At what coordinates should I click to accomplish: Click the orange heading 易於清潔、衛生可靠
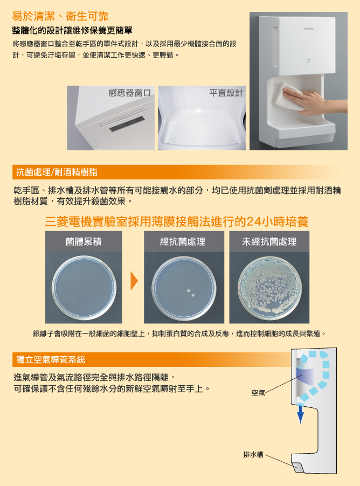click(60, 16)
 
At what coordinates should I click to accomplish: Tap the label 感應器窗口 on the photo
click(130, 93)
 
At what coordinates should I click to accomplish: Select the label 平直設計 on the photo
click(226, 93)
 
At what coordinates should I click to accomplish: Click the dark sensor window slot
click(127, 124)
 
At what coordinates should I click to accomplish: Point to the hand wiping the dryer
click(307, 99)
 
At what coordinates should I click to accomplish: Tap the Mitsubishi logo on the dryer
click(309, 29)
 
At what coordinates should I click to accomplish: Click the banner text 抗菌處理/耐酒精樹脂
click(57, 172)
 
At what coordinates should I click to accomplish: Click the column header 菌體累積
click(84, 241)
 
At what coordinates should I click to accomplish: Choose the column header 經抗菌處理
click(183, 241)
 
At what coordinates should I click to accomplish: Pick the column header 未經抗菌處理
click(269, 241)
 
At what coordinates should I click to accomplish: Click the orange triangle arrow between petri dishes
click(134, 281)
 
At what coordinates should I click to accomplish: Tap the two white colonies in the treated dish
click(190, 293)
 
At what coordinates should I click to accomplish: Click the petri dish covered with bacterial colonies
click(269, 288)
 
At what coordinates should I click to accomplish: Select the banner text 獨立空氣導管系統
click(51, 359)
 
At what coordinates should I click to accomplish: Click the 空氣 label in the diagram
click(258, 393)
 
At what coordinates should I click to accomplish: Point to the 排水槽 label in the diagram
click(253, 455)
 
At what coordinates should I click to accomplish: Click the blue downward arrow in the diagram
click(300, 414)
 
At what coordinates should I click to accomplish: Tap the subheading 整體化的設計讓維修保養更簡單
click(72, 30)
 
